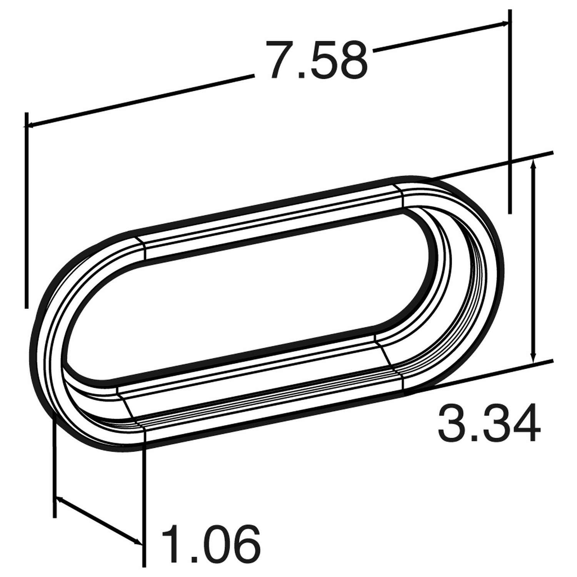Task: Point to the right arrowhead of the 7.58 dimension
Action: tap(505, 24)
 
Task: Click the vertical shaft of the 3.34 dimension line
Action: tap(533, 262)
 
